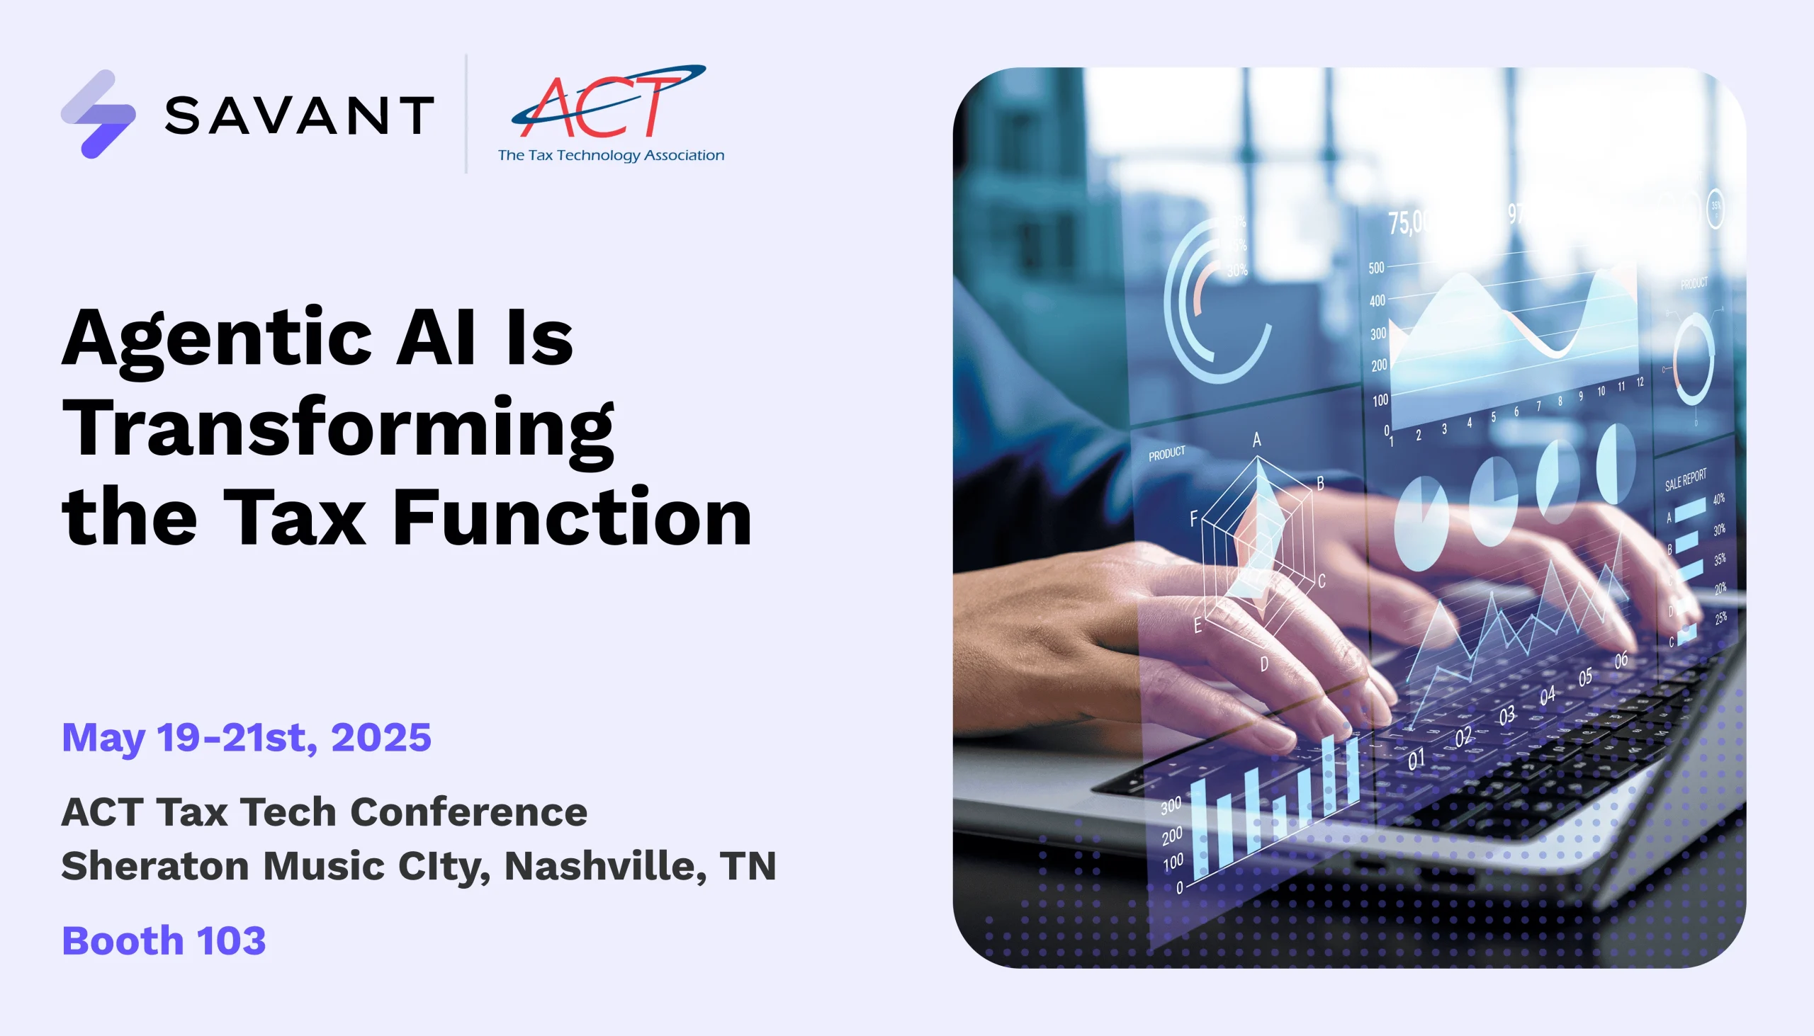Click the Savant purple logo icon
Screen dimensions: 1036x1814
tap(98, 114)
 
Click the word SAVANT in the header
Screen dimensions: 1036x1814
tap(299, 115)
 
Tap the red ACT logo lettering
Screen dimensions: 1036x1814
tap(598, 107)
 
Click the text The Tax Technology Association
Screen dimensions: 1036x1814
tap(611, 155)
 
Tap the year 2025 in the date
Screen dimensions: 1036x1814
tap(381, 737)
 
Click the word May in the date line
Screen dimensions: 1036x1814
tap(103, 739)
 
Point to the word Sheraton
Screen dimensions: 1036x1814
tap(155, 866)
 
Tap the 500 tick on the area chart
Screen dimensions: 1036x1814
tap(1376, 268)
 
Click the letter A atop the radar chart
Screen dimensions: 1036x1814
tap(1256, 440)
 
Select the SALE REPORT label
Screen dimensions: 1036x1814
tap(1685, 479)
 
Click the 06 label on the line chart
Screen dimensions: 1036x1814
tap(1621, 661)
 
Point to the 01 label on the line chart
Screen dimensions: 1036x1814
tap(1416, 760)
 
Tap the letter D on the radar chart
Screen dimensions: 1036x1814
tap(1263, 664)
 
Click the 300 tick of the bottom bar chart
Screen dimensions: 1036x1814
tap(1171, 805)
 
